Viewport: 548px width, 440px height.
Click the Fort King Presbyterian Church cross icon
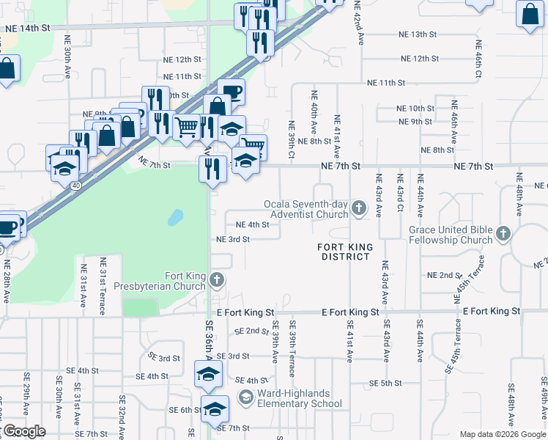(216, 279)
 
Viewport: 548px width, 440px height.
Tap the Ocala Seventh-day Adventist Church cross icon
(358, 209)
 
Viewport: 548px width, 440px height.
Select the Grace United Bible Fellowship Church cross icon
(503, 234)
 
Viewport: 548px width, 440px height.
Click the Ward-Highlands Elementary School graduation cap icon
(246, 398)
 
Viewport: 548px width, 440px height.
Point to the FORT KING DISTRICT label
(344, 252)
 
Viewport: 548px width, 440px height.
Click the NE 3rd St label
(233, 239)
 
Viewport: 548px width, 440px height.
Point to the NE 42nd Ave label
(361, 26)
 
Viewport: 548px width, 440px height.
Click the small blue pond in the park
(175, 218)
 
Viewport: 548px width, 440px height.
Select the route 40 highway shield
(76, 186)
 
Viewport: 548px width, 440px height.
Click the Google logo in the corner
(23, 431)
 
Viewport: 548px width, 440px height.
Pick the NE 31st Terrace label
(103, 285)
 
